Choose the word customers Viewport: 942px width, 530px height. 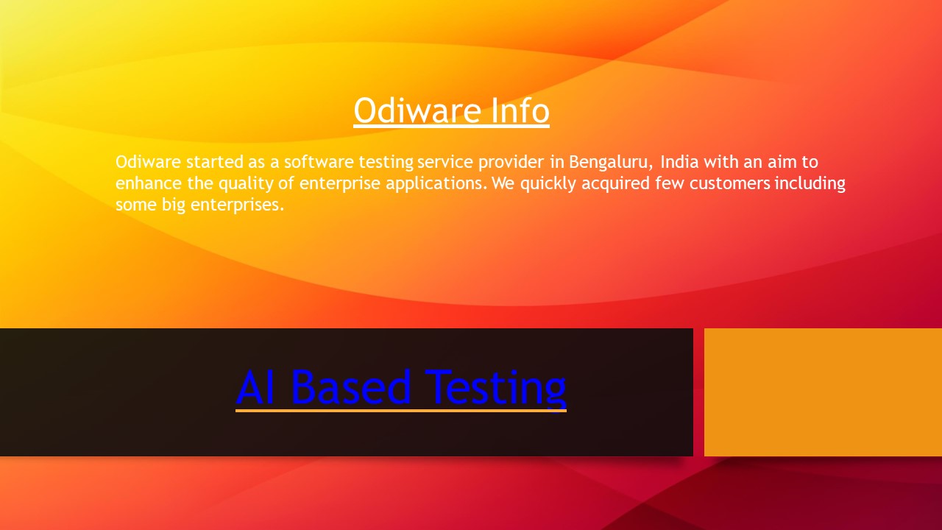pos(725,184)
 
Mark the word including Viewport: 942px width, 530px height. pos(810,184)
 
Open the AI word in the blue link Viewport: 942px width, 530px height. pos(257,388)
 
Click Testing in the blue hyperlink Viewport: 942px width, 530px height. pos(495,388)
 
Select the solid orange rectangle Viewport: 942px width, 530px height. pos(823,392)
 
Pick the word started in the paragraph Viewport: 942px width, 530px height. pos(214,162)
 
